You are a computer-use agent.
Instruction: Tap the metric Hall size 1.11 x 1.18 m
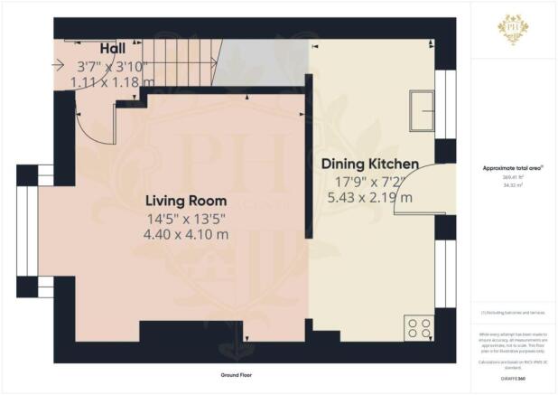pyautogui.click(x=113, y=81)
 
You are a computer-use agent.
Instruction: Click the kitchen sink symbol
pyautogui.click(x=422, y=109)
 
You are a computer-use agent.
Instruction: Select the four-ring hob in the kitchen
pyautogui.click(x=421, y=328)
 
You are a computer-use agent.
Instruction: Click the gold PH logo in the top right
pyautogui.click(x=513, y=29)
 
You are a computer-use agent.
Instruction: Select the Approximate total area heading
pyautogui.click(x=512, y=169)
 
